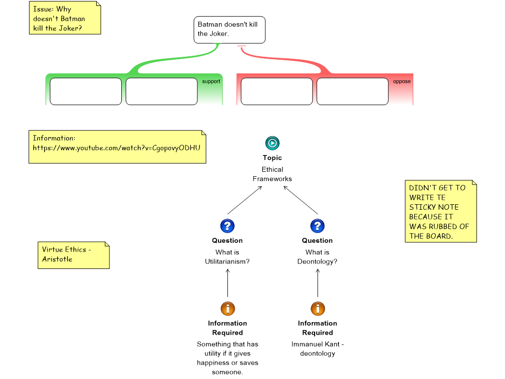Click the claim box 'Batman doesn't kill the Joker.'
point(229,30)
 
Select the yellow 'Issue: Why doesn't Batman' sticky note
point(65,18)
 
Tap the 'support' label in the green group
point(211,81)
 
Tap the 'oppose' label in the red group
point(401,81)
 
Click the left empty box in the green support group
point(86,91)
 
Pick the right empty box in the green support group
point(161,91)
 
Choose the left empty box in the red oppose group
point(277,91)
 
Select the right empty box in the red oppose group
point(352,91)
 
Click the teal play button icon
point(272,143)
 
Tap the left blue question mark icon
point(227,226)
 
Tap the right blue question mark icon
point(317,226)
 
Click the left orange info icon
point(227,309)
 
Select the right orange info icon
point(318,309)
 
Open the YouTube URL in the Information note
point(116,148)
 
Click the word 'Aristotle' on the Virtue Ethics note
point(57,259)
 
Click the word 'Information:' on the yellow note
point(54,138)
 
